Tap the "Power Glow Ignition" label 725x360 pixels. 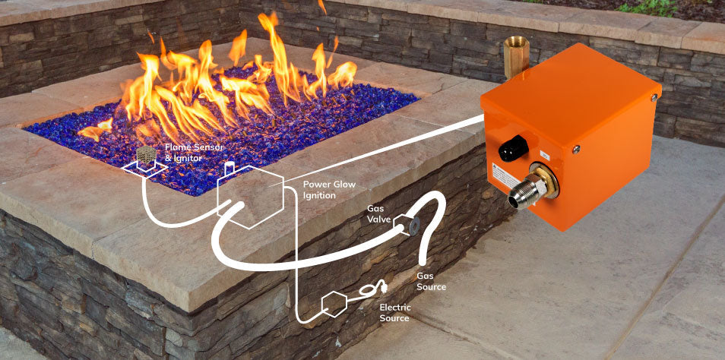[x=329, y=189]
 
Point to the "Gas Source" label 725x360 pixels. [x=431, y=281]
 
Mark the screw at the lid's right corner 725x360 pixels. [x=653, y=96]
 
